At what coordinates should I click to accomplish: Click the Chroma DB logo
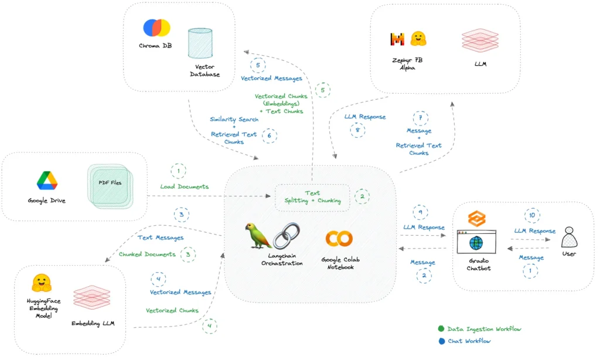click(x=156, y=28)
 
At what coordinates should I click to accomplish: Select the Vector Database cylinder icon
click(x=200, y=43)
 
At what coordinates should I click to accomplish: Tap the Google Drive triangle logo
click(x=47, y=181)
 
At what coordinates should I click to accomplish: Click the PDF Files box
click(x=110, y=186)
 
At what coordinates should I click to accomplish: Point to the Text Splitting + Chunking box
click(x=312, y=197)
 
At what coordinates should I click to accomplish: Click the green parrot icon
click(x=258, y=235)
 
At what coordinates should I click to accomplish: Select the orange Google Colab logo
click(x=339, y=238)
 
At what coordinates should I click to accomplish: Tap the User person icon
click(x=569, y=237)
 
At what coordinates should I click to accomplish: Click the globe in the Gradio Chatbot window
click(x=476, y=243)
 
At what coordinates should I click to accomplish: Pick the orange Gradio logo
click(x=477, y=219)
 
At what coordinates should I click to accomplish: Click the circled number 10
click(x=532, y=215)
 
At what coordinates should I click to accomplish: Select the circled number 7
click(x=420, y=118)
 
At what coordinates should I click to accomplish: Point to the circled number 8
click(x=357, y=130)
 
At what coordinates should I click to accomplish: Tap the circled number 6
click(x=270, y=135)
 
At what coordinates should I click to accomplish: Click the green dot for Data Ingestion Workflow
click(x=441, y=328)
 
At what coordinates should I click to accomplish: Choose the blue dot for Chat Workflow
click(x=442, y=341)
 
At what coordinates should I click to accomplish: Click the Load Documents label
click(x=185, y=186)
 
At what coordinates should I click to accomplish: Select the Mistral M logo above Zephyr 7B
click(x=397, y=39)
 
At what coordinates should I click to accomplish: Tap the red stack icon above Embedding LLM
click(x=92, y=297)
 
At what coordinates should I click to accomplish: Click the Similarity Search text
click(x=234, y=119)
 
